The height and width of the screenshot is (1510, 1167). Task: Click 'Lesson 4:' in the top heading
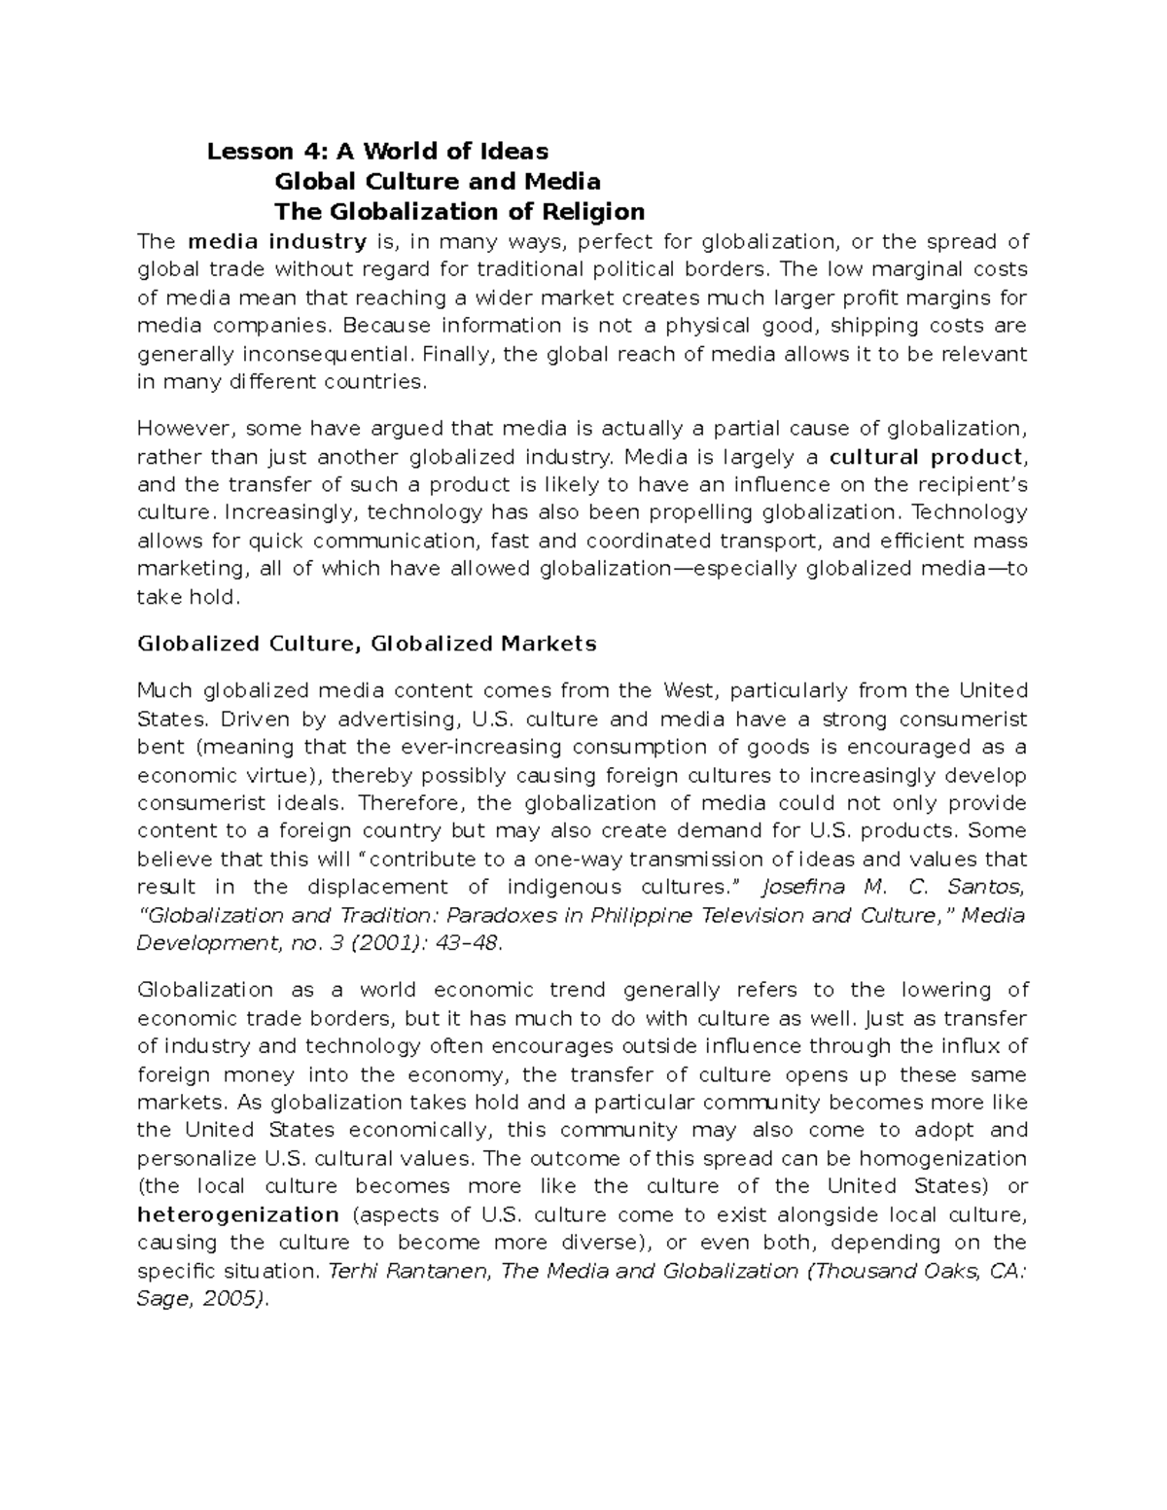(250, 152)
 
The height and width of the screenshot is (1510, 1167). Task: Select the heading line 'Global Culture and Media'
(438, 182)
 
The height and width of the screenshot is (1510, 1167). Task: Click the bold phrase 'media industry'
(277, 242)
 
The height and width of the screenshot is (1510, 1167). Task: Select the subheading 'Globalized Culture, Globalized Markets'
(367, 644)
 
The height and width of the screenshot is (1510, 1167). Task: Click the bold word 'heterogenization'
(238, 1214)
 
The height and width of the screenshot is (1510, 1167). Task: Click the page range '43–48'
(466, 943)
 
